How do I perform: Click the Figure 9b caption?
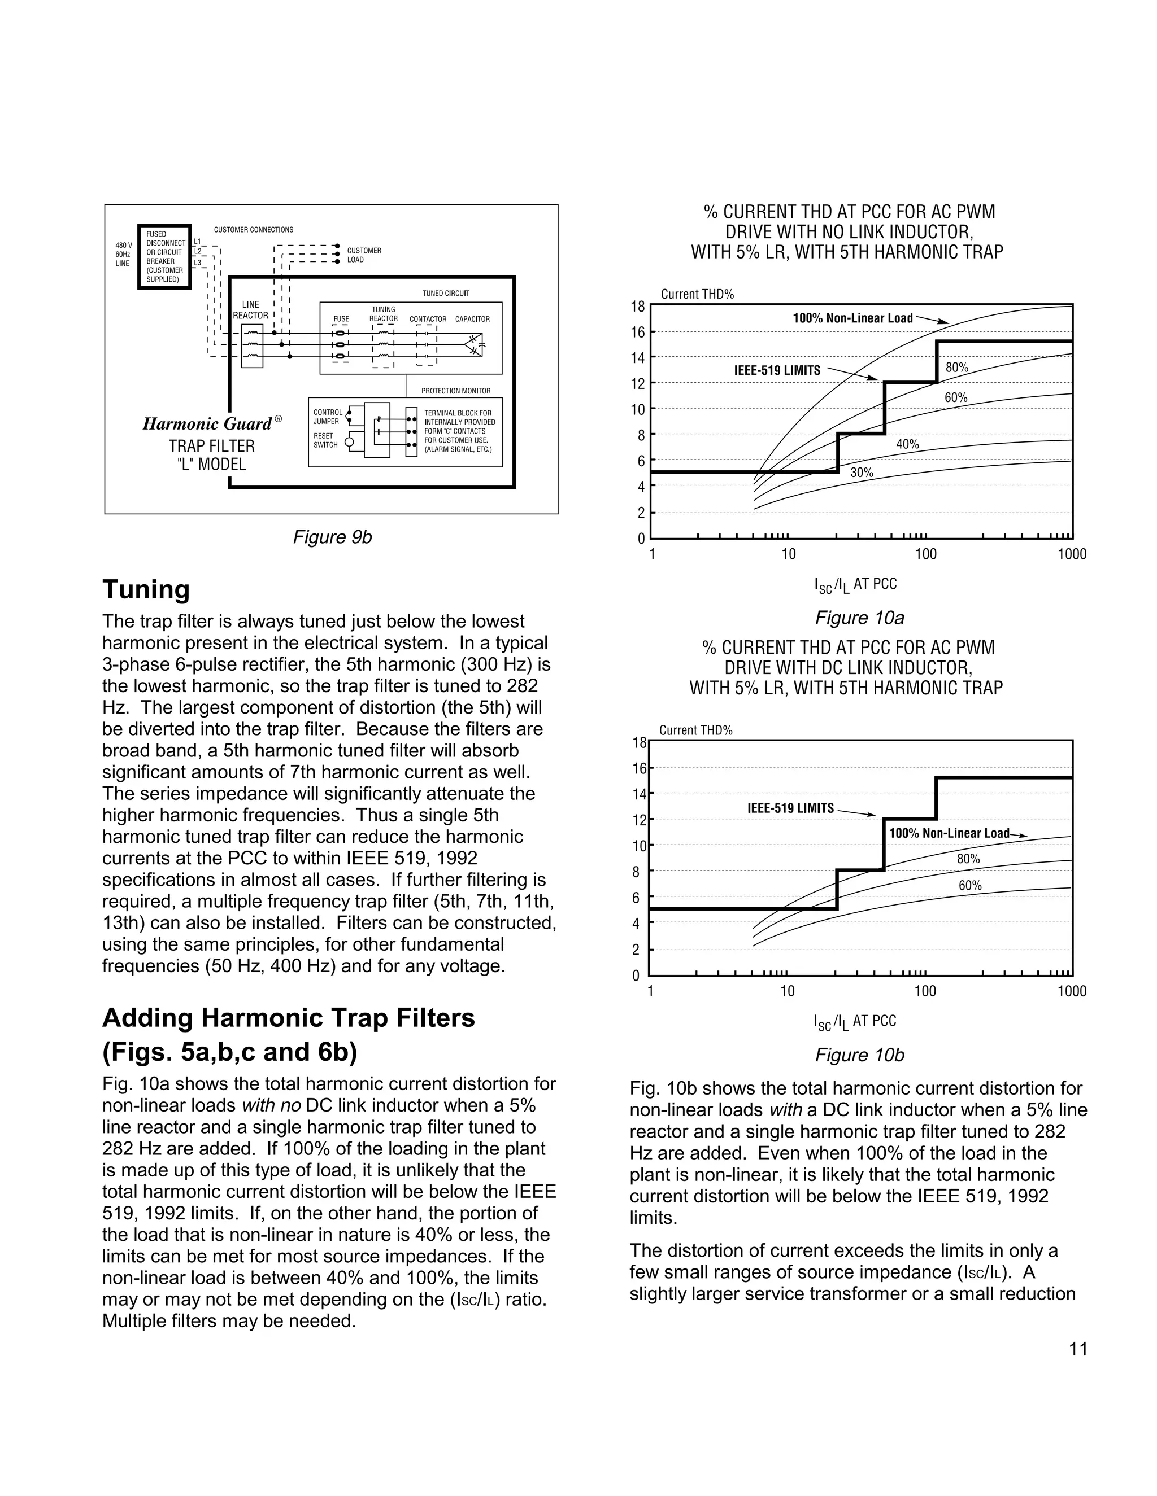[x=332, y=537]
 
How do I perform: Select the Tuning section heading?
[x=145, y=589]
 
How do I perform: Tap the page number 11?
[x=1077, y=1349]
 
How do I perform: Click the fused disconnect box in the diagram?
[x=164, y=257]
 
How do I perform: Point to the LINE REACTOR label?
[x=250, y=309]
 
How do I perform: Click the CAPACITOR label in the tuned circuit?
[x=472, y=319]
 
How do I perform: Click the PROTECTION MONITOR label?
[x=456, y=391]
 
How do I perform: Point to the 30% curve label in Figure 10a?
[x=862, y=472]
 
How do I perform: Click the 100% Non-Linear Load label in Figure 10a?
[x=852, y=318]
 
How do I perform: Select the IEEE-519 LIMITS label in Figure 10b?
[x=790, y=808]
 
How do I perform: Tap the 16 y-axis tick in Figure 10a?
[x=637, y=332]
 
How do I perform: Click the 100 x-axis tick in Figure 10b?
[x=925, y=991]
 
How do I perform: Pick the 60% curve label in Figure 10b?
[x=970, y=885]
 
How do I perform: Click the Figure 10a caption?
[x=859, y=618]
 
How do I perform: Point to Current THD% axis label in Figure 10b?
[x=695, y=730]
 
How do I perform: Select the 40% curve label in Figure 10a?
[x=907, y=444]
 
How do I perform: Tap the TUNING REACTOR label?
[x=383, y=314]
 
